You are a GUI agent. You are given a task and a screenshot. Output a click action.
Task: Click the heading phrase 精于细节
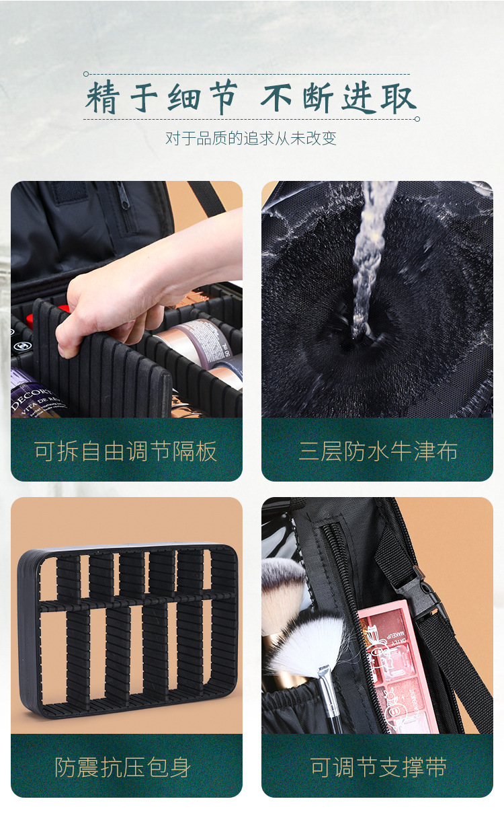tap(161, 98)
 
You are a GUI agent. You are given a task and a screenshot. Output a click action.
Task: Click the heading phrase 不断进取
tap(338, 98)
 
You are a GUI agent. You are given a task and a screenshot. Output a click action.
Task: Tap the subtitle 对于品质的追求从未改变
tap(251, 139)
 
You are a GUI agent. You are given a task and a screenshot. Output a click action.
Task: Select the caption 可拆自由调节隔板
tap(126, 451)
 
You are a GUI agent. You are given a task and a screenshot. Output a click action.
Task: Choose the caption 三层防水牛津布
tap(378, 451)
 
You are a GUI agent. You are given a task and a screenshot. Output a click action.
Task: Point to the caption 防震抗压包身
tap(126, 767)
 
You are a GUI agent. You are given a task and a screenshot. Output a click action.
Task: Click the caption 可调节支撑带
tap(378, 767)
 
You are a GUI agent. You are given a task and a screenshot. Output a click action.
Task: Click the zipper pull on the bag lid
tap(122, 202)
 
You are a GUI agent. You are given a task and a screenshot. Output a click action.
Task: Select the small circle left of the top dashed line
tap(86, 74)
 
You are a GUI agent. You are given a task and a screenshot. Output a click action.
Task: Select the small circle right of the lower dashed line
tap(417, 119)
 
